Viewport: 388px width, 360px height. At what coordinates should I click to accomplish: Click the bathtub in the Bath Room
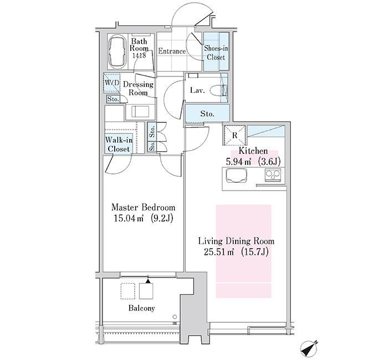118,52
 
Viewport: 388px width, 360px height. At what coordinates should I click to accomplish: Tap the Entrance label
172,51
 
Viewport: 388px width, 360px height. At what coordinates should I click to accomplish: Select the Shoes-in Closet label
216,53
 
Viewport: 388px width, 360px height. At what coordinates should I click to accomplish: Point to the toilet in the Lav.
219,90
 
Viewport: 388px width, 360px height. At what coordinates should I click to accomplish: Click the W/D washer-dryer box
111,83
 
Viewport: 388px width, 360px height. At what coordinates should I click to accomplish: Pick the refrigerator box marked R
234,135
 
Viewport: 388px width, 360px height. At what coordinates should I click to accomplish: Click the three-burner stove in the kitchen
273,175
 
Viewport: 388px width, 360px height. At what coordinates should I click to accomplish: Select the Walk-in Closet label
119,145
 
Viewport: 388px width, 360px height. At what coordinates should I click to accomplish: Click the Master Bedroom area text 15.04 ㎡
129,218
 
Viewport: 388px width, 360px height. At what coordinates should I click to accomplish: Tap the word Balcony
141,308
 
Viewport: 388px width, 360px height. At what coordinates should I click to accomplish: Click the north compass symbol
309,349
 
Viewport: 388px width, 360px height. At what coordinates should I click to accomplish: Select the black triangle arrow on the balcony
148,281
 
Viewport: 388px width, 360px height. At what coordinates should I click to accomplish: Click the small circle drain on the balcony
175,316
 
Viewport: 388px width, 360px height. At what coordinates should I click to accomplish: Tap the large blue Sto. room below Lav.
207,114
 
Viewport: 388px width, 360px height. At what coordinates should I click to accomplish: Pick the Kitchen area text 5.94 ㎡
238,162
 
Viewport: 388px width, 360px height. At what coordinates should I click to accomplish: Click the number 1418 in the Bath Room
139,55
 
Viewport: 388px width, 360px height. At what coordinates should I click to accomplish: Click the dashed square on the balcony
128,291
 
